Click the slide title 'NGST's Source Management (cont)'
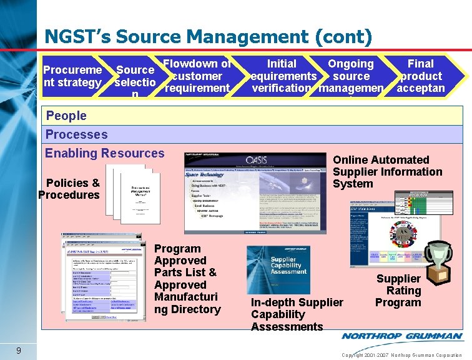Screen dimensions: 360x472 208,37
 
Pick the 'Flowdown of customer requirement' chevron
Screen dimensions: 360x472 197,76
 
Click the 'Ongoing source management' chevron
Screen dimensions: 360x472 351,76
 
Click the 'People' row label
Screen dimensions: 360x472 66,116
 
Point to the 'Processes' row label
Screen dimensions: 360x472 76,134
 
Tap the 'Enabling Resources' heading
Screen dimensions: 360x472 105,153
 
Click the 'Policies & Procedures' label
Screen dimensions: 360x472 70,189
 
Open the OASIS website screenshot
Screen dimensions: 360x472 256,192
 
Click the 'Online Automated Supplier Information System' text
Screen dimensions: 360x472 387,172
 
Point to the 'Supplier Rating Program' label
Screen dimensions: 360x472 398,291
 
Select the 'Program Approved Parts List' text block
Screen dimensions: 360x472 187,279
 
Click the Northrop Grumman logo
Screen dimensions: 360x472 401,336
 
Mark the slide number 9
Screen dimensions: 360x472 20,350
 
